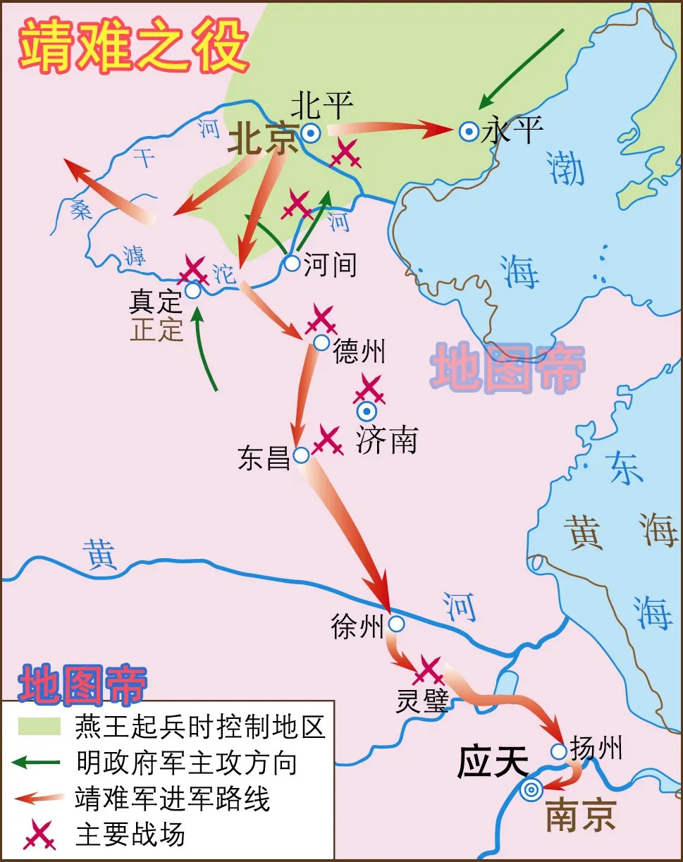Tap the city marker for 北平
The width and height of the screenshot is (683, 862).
coord(309,133)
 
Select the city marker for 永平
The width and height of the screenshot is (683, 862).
coord(468,131)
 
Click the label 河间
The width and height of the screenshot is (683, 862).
coord(330,265)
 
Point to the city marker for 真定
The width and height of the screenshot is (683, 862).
coord(192,291)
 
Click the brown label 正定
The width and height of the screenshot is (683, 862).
coord(156,330)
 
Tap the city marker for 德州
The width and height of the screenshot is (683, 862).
coord(321,343)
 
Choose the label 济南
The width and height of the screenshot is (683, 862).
coord(386,440)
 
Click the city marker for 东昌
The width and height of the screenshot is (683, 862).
coord(301,455)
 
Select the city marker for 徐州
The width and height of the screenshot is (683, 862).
coord(396,624)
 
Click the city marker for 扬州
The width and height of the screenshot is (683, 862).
coord(558,751)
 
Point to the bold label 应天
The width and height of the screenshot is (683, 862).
coord(493,763)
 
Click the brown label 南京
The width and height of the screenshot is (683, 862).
coord(581,815)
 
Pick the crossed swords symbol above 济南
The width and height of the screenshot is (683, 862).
coord(369,389)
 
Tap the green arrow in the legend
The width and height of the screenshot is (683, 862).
coord(41,762)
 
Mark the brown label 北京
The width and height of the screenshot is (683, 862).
coord(263,140)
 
